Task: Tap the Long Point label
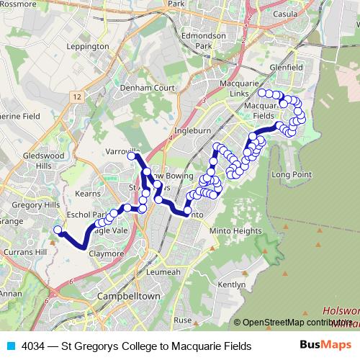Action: pos(291,174)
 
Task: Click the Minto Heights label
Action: pos(235,230)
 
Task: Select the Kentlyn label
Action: pos(231,284)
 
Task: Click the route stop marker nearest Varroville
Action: pos(132,156)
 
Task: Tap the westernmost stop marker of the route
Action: pos(58,230)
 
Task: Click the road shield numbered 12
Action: pos(77,95)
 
